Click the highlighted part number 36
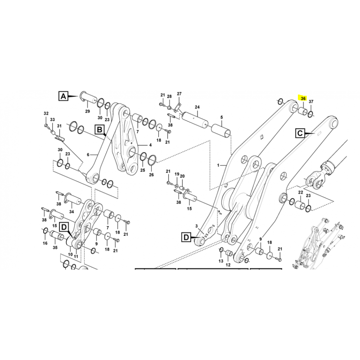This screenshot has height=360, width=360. [303, 99]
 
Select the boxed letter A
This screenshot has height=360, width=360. [63, 96]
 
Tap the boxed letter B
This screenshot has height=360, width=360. [99, 130]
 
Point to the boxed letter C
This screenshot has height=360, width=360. [300, 133]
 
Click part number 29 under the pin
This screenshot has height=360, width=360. [87, 111]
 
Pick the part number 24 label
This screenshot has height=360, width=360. [197, 107]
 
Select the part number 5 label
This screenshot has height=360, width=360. [221, 117]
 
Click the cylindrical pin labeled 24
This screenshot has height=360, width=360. [194, 119]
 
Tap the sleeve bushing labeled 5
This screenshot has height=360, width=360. [221, 131]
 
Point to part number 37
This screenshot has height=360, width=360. [311, 102]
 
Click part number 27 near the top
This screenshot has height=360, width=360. [179, 94]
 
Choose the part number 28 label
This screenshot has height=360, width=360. [169, 96]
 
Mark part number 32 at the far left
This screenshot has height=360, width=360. [46, 113]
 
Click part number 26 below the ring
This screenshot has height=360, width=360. [151, 175]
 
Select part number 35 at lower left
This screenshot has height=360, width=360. [55, 247]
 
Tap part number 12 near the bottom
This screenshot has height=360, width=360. [228, 265]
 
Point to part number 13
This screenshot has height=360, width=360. [221, 261]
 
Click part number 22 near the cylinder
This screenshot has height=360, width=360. [301, 193]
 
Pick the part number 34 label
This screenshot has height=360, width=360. [72, 211]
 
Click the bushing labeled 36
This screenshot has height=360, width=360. [302, 111]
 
